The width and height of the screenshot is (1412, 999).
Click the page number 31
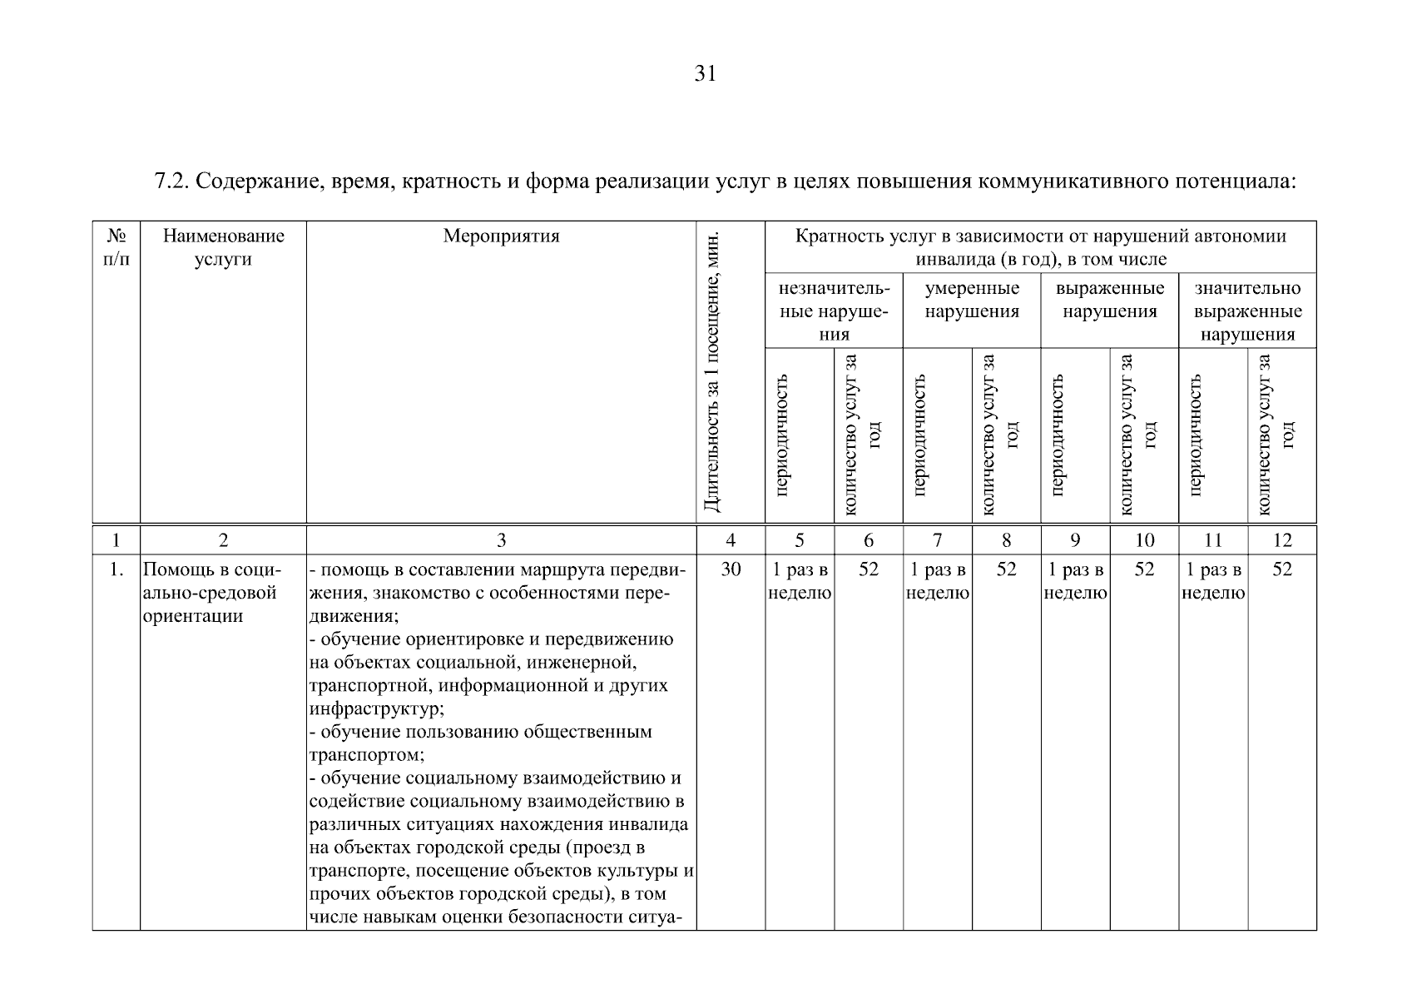click(705, 74)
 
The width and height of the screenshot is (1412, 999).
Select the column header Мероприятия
click(501, 236)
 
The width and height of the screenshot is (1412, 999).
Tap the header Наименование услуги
click(223, 247)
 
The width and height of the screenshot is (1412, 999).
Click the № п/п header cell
click(116, 247)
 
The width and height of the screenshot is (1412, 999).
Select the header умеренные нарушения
click(971, 300)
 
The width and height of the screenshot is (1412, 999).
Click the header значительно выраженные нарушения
click(1247, 311)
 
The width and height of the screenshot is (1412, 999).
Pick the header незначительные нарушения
click(834, 311)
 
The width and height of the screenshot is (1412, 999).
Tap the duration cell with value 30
click(730, 570)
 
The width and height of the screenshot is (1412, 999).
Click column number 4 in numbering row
click(730, 540)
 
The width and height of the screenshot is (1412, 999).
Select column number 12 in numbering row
click(1281, 540)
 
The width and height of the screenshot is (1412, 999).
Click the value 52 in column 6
click(868, 570)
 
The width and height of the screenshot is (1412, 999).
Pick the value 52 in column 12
click(1281, 570)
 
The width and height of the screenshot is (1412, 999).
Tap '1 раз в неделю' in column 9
click(1075, 581)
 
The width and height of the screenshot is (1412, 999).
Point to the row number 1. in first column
click(116, 570)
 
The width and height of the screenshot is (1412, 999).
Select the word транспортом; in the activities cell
click(367, 756)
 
